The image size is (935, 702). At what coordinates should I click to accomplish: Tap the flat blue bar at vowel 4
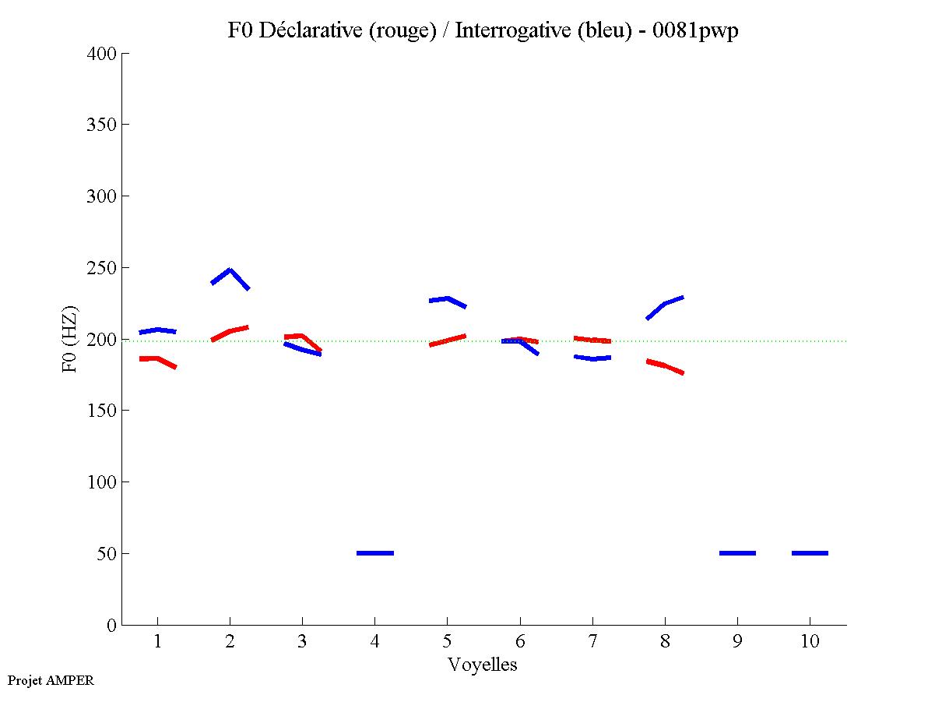pyautogui.click(x=374, y=552)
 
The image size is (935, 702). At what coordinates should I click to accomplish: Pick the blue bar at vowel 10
pyautogui.click(x=810, y=552)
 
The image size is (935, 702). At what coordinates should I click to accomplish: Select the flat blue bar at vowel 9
pyautogui.click(x=737, y=552)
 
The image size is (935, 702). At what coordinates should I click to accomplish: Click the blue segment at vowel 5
pyautogui.click(x=447, y=298)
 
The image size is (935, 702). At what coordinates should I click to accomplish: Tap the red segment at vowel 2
pyautogui.click(x=230, y=332)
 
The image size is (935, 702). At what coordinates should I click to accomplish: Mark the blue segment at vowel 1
pyautogui.click(x=157, y=330)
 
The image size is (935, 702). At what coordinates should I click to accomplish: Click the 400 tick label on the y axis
pyautogui.click(x=102, y=54)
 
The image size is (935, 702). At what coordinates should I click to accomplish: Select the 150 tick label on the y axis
pyautogui.click(x=102, y=411)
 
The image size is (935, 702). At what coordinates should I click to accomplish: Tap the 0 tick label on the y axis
pyautogui.click(x=112, y=625)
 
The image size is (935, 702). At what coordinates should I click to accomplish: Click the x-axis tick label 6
pyautogui.click(x=519, y=642)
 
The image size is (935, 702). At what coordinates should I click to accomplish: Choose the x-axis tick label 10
pyautogui.click(x=810, y=642)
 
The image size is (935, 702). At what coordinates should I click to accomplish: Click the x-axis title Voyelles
pyautogui.click(x=483, y=665)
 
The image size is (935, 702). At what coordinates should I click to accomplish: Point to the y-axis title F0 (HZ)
pyautogui.click(x=70, y=339)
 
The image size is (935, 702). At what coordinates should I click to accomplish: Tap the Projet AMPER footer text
pyautogui.click(x=51, y=680)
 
